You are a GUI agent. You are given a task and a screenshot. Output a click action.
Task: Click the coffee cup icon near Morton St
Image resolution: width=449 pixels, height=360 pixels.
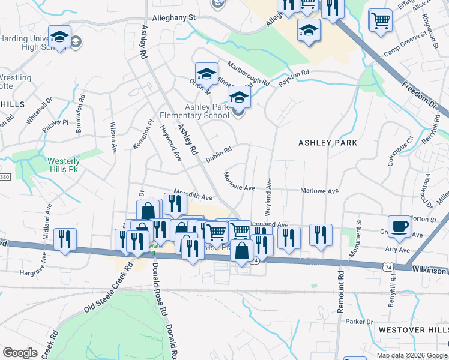[400, 227]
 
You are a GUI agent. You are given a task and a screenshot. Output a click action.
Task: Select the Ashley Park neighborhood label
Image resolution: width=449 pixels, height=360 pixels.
[328, 143]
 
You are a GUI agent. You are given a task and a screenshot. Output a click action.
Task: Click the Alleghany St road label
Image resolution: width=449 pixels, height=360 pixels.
[175, 18]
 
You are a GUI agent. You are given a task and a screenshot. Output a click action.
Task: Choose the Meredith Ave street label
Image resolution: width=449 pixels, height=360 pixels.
[193, 196]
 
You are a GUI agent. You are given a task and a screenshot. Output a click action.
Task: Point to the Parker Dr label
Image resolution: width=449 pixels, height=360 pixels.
[360, 322]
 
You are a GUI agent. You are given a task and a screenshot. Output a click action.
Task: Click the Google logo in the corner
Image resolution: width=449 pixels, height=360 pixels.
[20, 353]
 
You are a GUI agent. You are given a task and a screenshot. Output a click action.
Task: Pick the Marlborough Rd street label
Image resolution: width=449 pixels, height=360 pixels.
[248, 72]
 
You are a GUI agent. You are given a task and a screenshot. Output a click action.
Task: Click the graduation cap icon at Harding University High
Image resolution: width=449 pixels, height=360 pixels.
[59, 37]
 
